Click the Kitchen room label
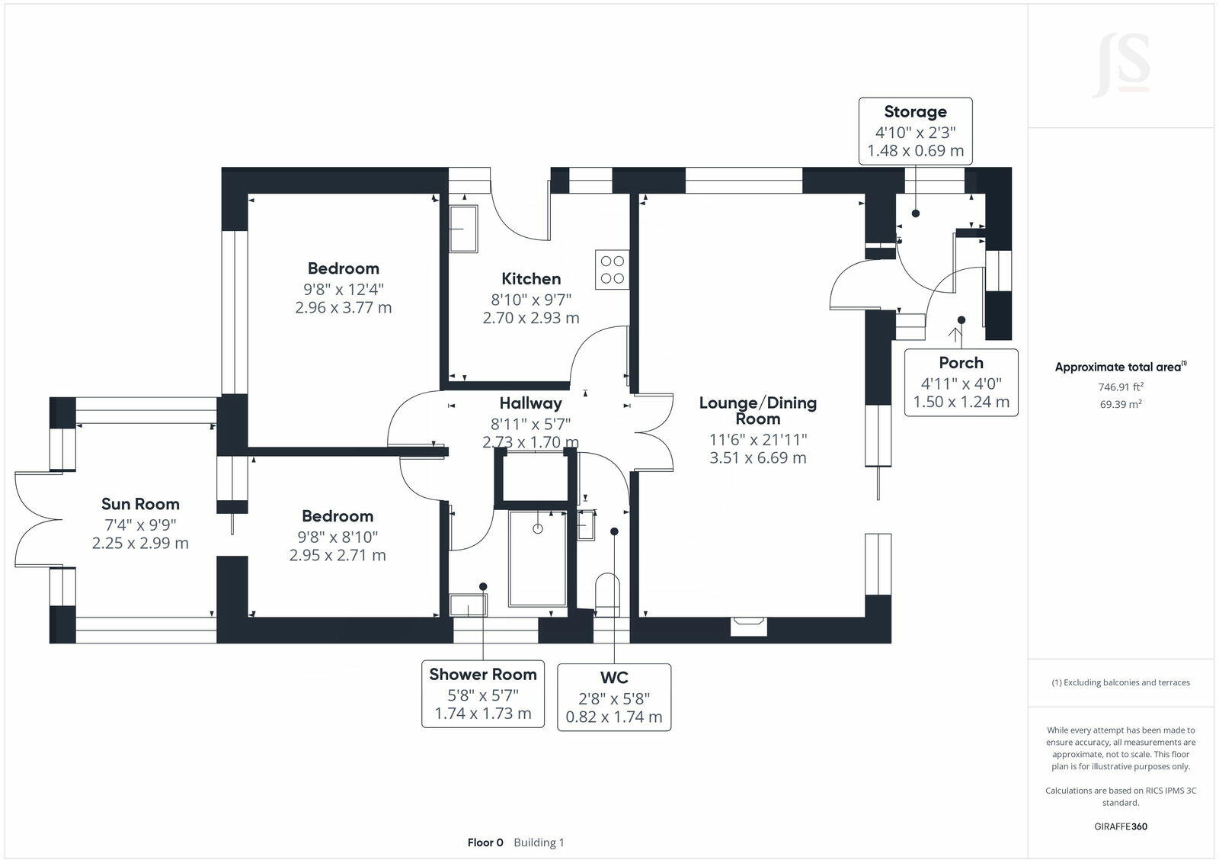pos(531,279)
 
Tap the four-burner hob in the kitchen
pos(613,269)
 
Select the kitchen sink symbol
pos(463,229)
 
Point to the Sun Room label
pos(140,504)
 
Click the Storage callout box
pos(915,131)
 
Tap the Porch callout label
pos(961,363)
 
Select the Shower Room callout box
pos(483,694)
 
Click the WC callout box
pos(614,697)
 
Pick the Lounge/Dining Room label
pos(757,410)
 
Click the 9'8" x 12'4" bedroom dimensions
pos(343,289)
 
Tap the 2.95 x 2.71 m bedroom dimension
pos(338,555)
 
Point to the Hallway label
pos(530,403)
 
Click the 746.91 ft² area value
pos(1121,387)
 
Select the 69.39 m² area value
pos(1120,404)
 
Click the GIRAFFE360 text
pos(1121,826)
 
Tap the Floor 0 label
pos(485,842)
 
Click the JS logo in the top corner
pos(1121,66)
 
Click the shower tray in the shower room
pos(537,559)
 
